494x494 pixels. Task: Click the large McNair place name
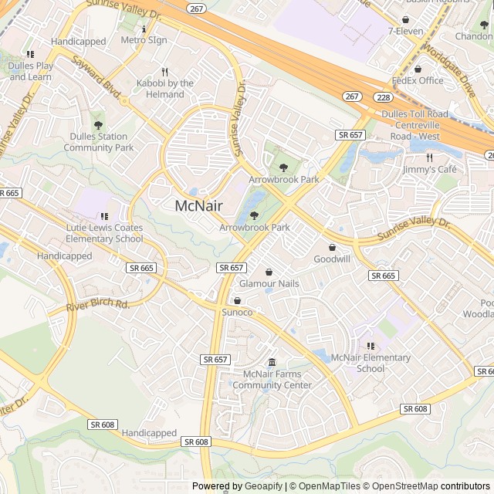pyautogui.click(x=199, y=206)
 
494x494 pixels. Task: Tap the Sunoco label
pyautogui.click(x=237, y=312)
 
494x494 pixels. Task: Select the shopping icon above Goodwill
pyautogui.click(x=332, y=248)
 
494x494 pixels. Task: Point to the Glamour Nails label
pyautogui.click(x=269, y=284)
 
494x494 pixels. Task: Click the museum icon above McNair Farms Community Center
pyautogui.click(x=272, y=363)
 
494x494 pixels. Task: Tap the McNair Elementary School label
pyautogui.click(x=370, y=363)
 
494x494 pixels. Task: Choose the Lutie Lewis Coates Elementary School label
pyautogui.click(x=104, y=234)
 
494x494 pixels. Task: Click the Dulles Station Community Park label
pyautogui.click(x=99, y=142)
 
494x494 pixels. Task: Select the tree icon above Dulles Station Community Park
pyautogui.click(x=98, y=124)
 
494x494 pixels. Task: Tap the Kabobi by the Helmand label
pyautogui.click(x=165, y=89)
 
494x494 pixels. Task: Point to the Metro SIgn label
pyautogui.click(x=144, y=39)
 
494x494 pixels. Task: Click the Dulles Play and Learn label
pyautogui.click(x=31, y=71)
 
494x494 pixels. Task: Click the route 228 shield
pyautogui.click(x=382, y=96)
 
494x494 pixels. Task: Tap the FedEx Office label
pyautogui.click(x=418, y=80)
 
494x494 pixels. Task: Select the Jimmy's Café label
pyautogui.click(x=429, y=169)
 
